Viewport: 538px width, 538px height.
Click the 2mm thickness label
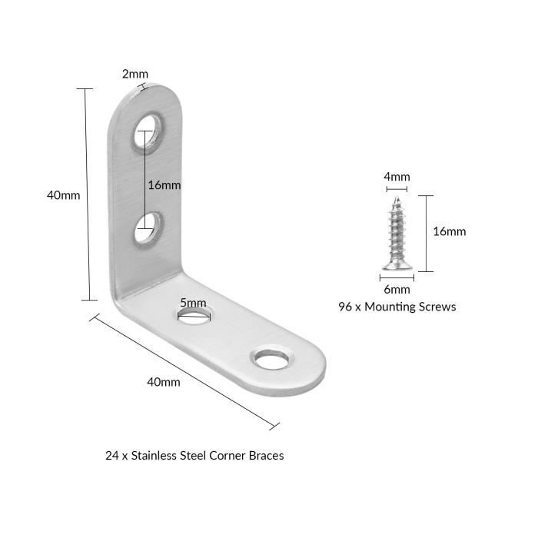(x=135, y=74)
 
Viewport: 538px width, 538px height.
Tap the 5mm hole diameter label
(x=193, y=303)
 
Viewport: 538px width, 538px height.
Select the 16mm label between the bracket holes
(x=164, y=185)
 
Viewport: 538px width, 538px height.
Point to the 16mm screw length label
(x=450, y=231)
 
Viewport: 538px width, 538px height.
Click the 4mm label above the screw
(x=397, y=177)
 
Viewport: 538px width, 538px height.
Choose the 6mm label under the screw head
(x=397, y=289)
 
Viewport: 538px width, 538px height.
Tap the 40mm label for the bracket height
(x=64, y=195)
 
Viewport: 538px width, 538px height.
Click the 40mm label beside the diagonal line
(x=164, y=382)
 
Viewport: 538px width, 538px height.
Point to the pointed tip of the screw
(x=397, y=198)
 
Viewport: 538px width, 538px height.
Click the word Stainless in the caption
(x=155, y=455)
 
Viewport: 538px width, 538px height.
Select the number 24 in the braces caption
(x=112, y=456)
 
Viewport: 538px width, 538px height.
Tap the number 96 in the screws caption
(x=345, y=307)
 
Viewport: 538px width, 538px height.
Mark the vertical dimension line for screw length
(x=427, y=234)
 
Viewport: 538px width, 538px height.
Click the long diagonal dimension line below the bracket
(x=184, y=371)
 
